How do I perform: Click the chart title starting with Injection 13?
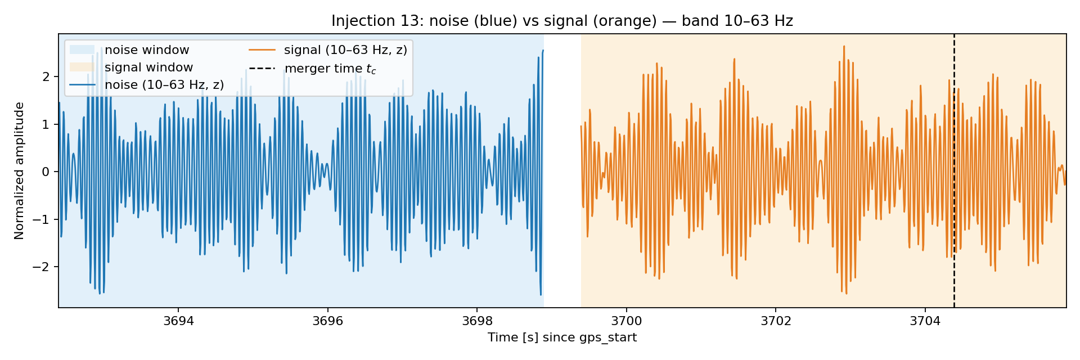pos(562,21)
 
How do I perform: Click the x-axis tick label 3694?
pos(178,321)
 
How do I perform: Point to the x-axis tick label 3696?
pos(327,321)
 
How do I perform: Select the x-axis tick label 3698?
pos(477,321)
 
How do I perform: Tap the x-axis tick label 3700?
pos(626,321)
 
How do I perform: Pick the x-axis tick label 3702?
pos(776,321)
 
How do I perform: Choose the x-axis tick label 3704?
pos(925,321)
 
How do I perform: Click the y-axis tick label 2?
pos(46,76)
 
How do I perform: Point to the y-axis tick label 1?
pos(46,124)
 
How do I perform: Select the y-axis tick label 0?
pos(46,172)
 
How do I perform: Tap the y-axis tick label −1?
pos(42,219)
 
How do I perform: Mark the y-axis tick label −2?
pos(42,267)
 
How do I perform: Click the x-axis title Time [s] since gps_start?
pos(562,337)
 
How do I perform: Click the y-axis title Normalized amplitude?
pos(20,171)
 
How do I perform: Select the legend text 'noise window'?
pos(147,50)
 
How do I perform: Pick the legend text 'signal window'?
pos(148,67)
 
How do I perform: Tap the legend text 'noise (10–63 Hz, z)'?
pos(164,85)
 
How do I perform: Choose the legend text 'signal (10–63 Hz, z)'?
pos(345,50)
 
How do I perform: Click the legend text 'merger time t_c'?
pos(330,69)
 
